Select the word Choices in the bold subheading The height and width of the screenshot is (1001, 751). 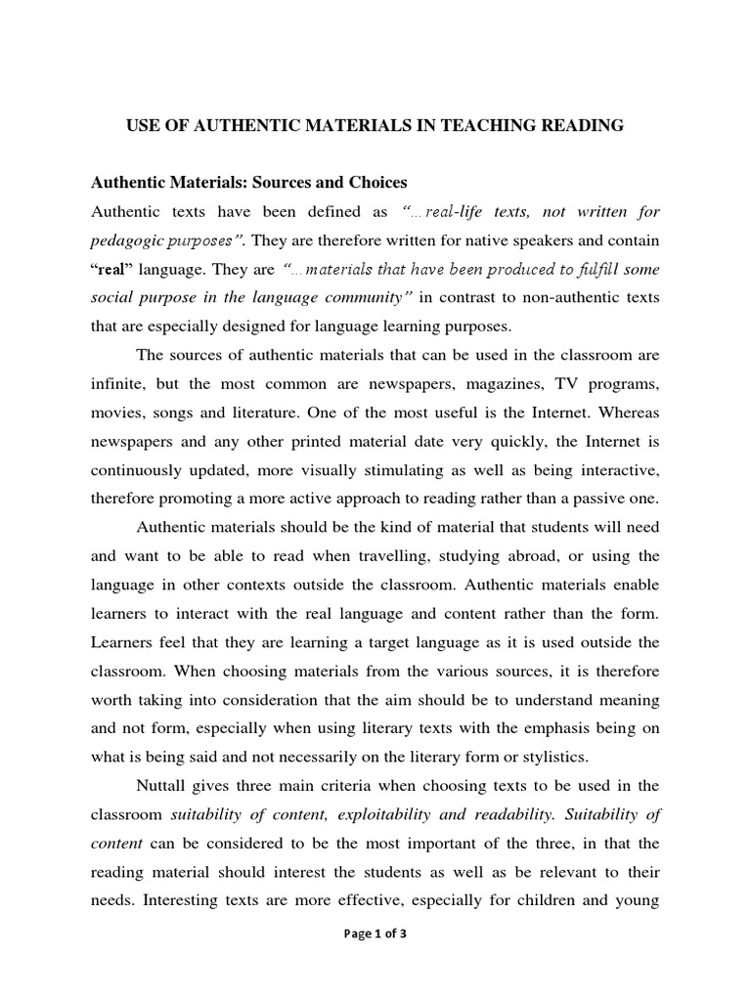click(373, 182)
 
